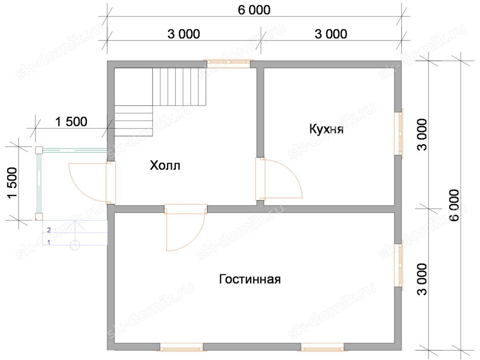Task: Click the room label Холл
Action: pyautogui.click(x=165, y=166)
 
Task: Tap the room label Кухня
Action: pyautogui.click(x=326, y=129)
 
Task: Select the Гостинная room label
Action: pyautogui.click(x=250, y=279)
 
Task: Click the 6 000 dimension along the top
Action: pyautogui.click(x=254, y=10)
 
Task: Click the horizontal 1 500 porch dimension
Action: pyautogui.click(x=71, y=122)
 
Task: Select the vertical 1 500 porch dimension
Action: pyautogui.click(x=12, y=183)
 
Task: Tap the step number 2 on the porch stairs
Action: pyautogui.click(x=49, y=230)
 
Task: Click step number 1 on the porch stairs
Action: pyautogui.click(x=49, y=242)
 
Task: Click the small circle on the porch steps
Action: pyautogui.click(x=75, y=245)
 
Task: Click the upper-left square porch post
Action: pyautogui.click(x=39, y=150)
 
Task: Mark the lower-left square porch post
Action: pyautogui.click(x=39, y=216)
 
